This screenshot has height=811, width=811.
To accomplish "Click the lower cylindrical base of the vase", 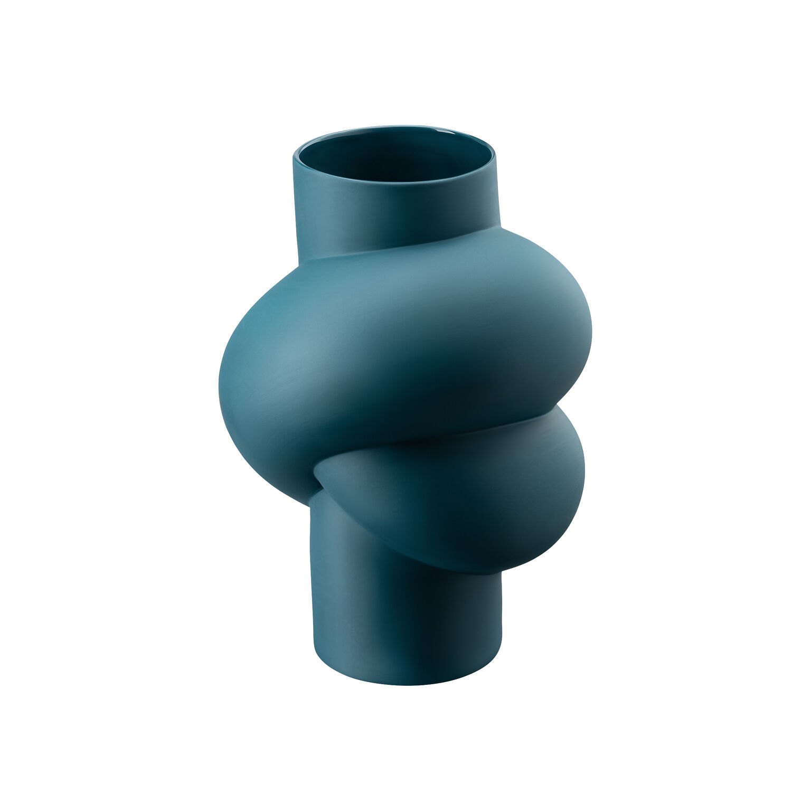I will (401, 623).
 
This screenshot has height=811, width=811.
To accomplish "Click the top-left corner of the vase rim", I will (294, 153).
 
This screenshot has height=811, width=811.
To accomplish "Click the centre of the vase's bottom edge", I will (407, 685).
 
